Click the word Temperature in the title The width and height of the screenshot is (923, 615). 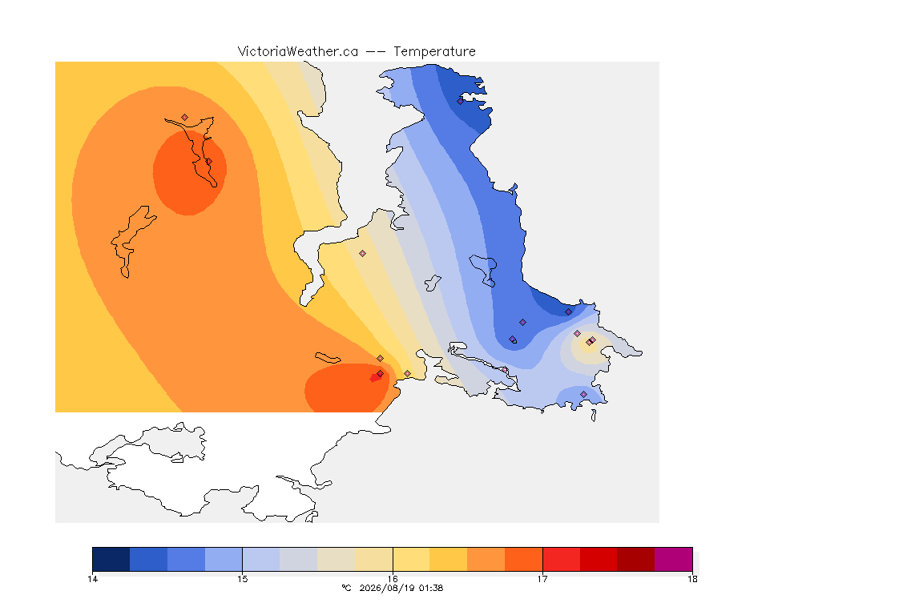[x=434, y=52]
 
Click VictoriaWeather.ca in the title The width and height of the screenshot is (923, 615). [x=298, y=52]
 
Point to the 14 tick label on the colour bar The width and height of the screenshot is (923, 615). [x=92, y=579]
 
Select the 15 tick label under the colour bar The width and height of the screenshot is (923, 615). [x=243, y=579]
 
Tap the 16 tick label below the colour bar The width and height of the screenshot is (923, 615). [x=393, y=579]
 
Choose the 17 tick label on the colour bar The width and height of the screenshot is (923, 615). [x=542, y=579]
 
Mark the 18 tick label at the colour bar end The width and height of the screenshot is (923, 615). [x=692, y=579]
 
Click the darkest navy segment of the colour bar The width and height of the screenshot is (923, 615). [x=111, y=559]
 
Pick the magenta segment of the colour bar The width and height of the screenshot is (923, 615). [x=673, y=559]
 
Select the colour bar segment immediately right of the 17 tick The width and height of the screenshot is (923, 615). [x=561, y=559]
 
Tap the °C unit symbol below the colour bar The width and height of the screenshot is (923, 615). [x=346, y=588]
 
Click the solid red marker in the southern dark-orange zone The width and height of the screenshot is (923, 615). [x=375, y=378]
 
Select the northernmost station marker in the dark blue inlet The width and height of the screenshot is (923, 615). [x=461, y=101]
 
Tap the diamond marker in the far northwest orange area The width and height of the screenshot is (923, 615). [x=185, y=118]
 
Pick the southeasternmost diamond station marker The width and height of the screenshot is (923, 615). [x=584, y=394]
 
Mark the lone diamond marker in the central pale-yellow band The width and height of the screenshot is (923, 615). [x=363, y=254]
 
